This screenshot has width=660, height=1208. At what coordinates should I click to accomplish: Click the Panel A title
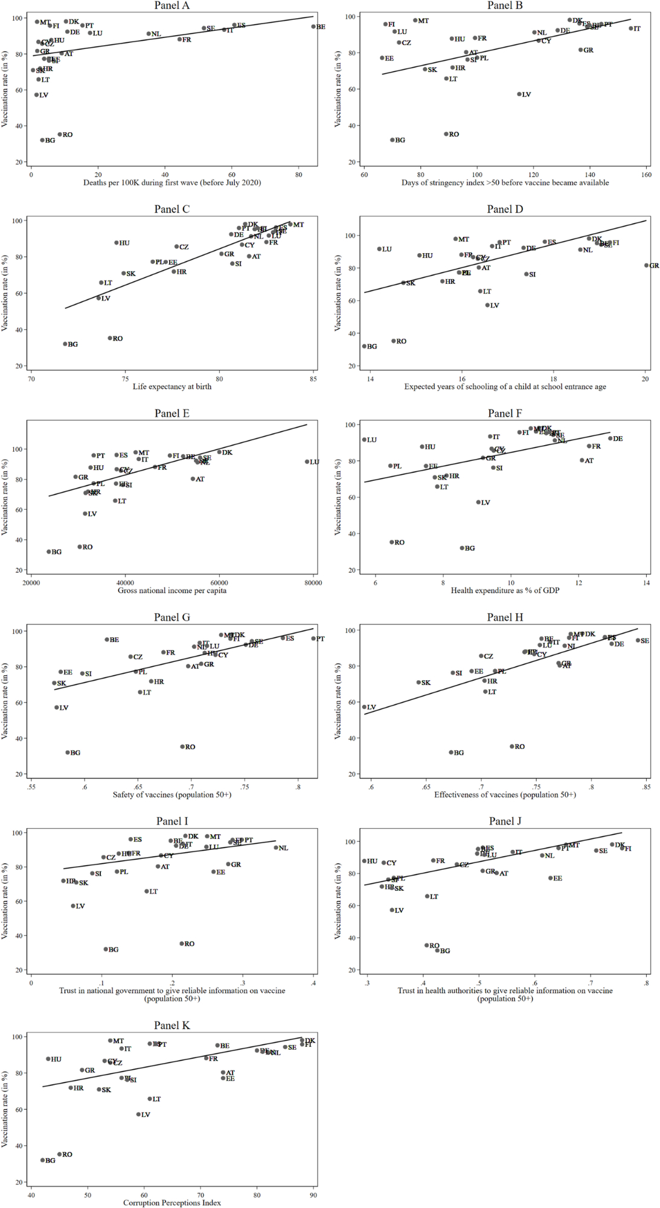171,5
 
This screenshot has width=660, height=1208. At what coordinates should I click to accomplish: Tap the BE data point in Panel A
313,27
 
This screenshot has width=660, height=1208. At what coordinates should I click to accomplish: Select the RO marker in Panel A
60,135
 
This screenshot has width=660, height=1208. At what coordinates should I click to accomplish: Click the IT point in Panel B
631,28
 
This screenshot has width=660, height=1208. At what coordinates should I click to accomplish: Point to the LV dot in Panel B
519,94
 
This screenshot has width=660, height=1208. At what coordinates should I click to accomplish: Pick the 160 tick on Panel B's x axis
647,175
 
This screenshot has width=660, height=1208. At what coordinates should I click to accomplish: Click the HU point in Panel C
117,243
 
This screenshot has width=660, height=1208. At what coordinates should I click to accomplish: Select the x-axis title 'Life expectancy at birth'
171,387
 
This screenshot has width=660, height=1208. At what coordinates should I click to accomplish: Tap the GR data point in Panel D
647,265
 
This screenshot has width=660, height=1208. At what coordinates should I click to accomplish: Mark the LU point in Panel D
380,249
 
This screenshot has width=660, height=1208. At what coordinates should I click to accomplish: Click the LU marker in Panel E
307,461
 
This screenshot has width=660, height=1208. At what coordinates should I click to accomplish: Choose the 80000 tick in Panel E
313,583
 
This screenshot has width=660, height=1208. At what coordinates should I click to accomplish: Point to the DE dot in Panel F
610,439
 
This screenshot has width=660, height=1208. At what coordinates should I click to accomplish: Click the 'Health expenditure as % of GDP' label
505,591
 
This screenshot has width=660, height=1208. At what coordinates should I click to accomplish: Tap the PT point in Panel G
313,638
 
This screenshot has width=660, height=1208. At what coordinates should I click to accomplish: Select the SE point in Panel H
638,640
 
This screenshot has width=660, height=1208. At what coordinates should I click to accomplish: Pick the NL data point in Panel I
276,847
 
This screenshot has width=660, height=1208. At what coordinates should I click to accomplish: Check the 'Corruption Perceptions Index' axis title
171,1203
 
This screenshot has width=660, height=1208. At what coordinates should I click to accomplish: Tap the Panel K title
171,1026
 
